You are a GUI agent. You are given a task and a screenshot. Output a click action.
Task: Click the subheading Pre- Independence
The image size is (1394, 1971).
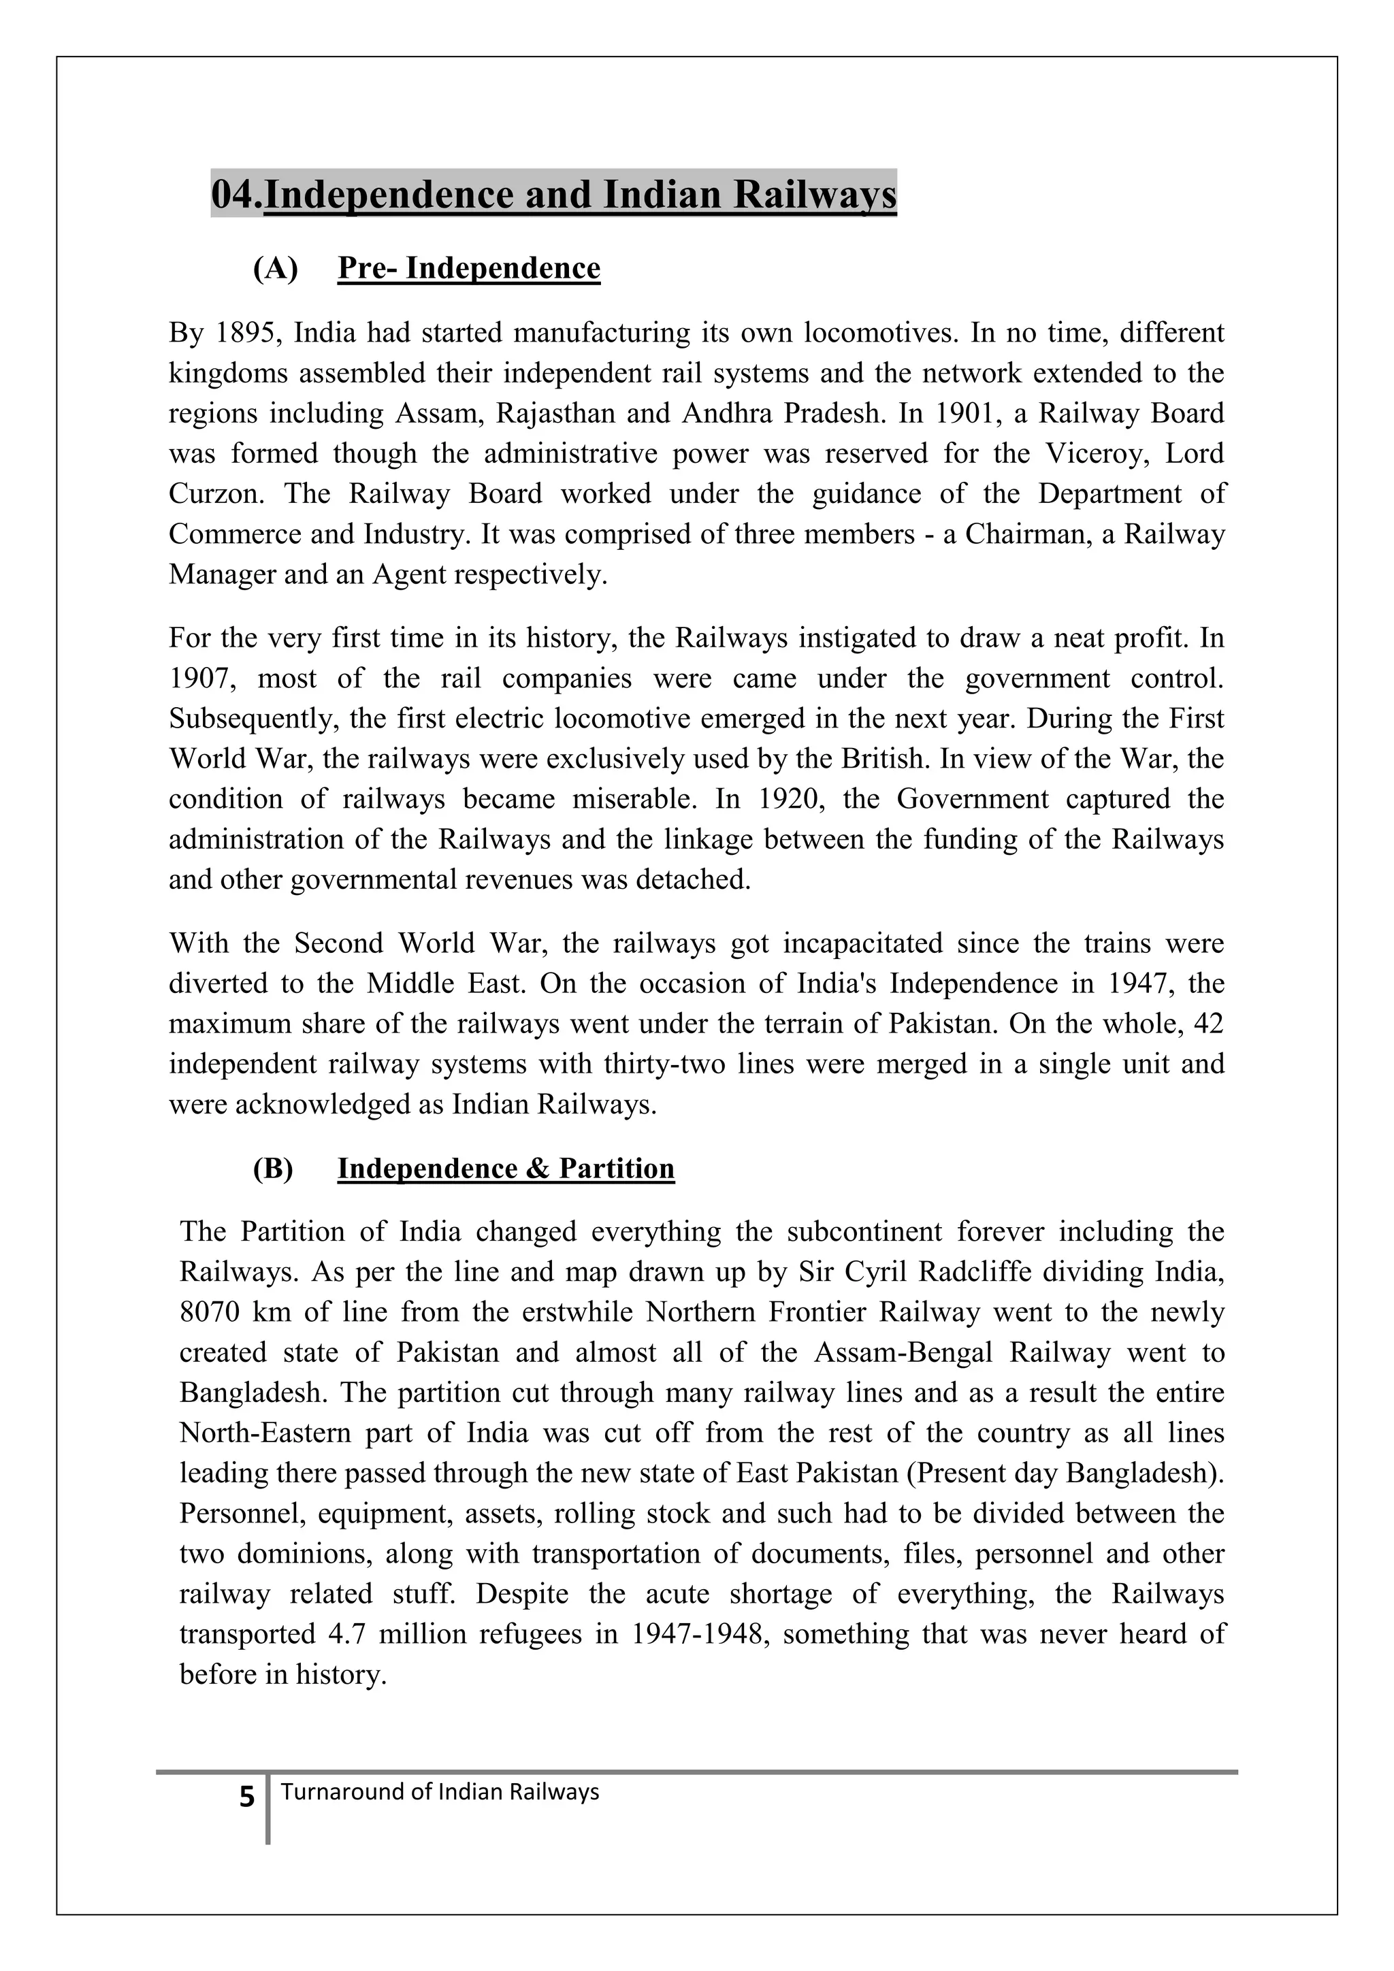(469, 268)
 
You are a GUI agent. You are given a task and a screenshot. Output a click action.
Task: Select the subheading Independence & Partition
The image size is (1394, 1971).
(506, 1169)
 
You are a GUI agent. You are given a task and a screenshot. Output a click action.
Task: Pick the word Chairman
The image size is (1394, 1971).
(1026, 534)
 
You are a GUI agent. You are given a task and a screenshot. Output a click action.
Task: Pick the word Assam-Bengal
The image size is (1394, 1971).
(903, 1352)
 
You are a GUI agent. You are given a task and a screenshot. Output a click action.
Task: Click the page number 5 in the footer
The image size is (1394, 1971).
(247, 1797)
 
